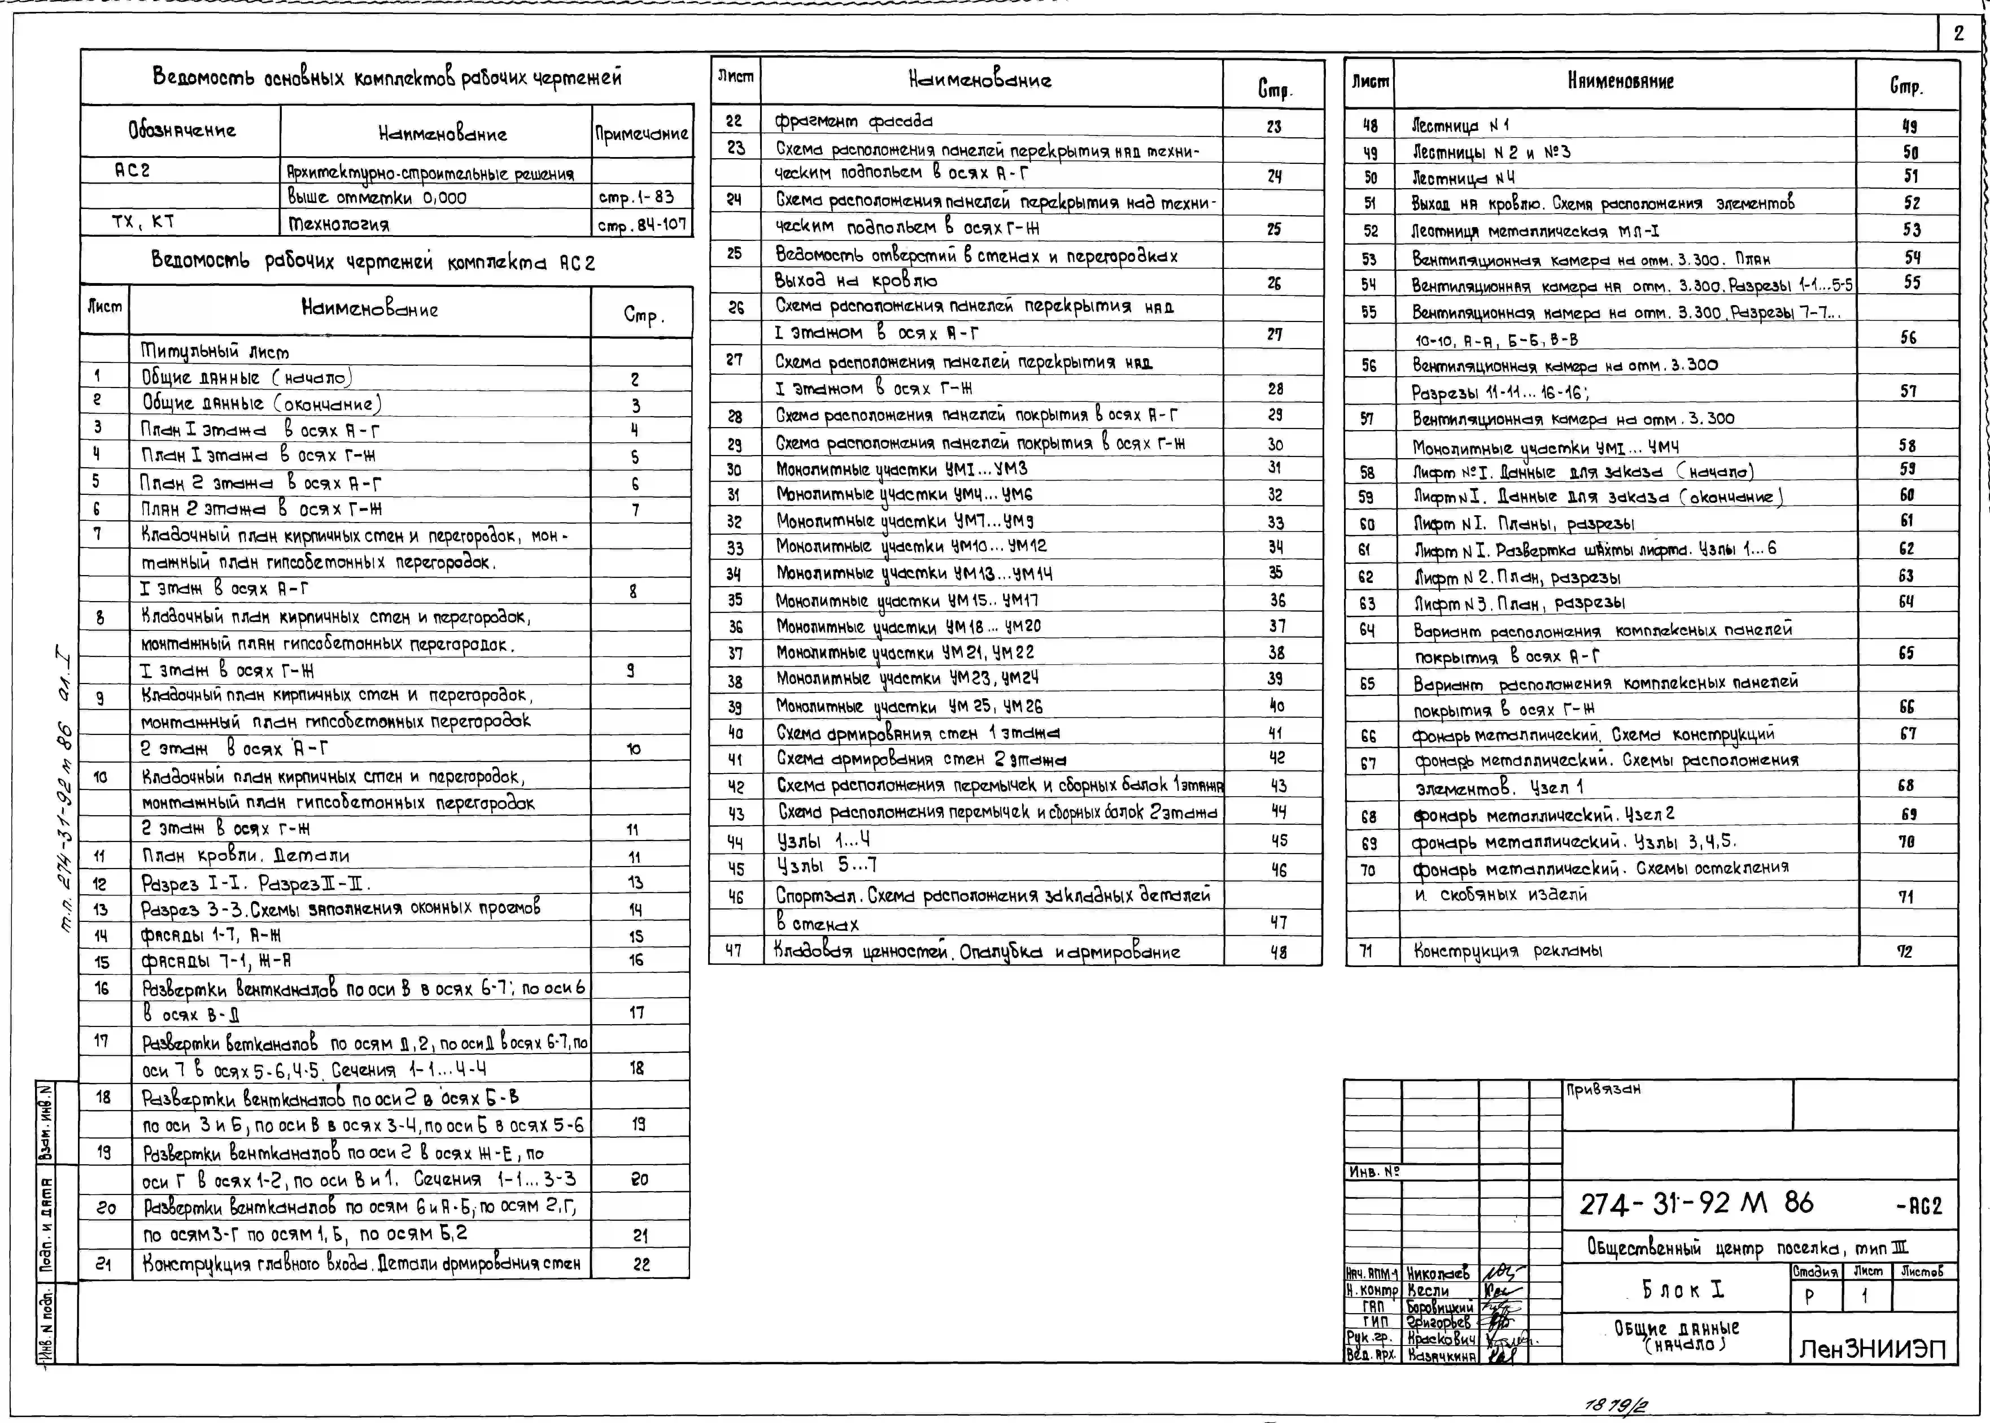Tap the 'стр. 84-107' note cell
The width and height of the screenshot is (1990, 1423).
pos(642,224)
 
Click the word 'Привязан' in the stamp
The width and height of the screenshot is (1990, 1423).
pos(1603,1089)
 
